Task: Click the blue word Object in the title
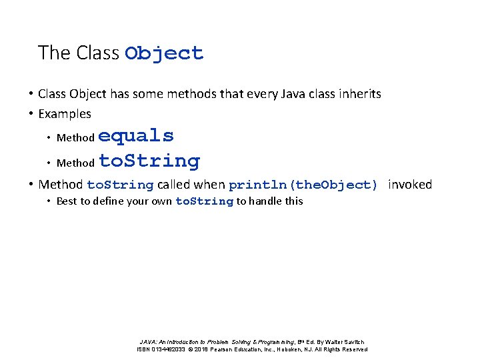164,53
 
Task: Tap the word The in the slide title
49,53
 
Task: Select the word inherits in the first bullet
360,94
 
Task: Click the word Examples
65,114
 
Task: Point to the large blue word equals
136,136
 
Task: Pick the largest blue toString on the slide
149,161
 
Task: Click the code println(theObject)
303,185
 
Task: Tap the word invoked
410,185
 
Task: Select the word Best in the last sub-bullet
67,201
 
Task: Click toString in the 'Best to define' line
204,201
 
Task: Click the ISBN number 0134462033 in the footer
167,349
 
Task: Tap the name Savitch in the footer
354,342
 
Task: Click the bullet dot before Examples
31,114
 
